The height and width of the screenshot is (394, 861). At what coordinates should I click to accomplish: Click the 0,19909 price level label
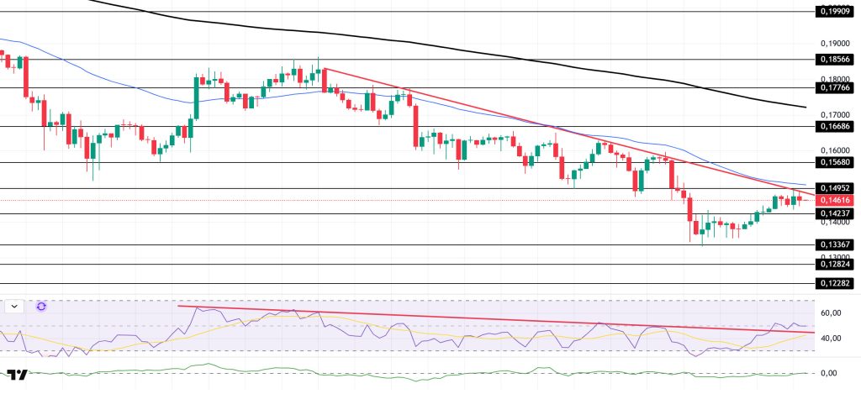pos(833,12)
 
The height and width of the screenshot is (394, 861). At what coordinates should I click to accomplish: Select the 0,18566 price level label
pos(833,60)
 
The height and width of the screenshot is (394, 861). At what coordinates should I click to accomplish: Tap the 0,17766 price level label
pos(833,87)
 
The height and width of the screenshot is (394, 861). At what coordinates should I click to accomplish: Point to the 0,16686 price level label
pos(833,126)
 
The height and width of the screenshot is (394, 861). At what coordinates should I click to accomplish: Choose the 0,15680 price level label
pos(833,162)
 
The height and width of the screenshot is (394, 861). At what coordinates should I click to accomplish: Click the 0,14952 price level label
pos(833,188)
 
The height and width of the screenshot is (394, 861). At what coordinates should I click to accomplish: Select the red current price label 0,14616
pos(833,200)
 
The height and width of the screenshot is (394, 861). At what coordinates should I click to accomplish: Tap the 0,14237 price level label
pos(833,213)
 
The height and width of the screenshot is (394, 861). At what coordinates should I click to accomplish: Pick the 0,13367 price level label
pos(833,244)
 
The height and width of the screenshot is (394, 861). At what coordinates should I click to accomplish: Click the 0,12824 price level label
pos(833,264)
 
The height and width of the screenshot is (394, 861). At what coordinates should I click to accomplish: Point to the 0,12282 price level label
pos(833,284)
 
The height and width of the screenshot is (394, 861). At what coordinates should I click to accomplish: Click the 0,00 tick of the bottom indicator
pos(829,373)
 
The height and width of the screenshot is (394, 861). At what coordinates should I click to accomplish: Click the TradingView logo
pos(17,375)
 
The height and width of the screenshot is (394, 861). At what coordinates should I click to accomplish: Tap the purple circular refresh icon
pos(41,307)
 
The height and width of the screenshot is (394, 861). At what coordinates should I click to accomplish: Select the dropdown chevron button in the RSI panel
pos(15,307)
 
